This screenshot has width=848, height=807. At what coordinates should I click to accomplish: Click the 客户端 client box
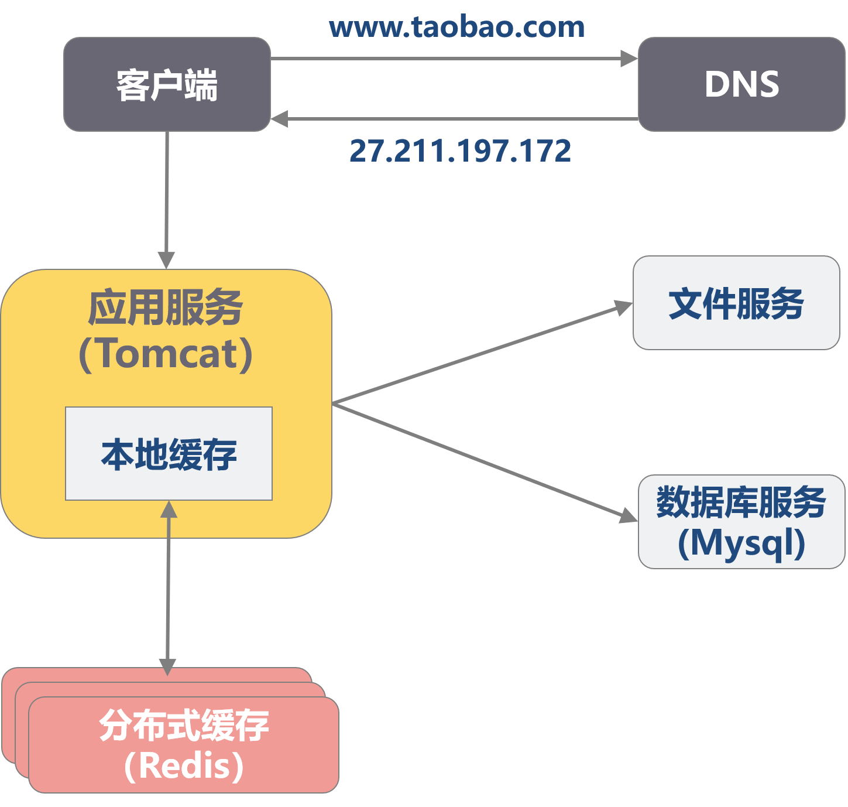(x=167, y=84)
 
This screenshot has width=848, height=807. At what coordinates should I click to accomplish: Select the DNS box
(x=741, y=84)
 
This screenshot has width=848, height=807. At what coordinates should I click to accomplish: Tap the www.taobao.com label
(x=456, y=27)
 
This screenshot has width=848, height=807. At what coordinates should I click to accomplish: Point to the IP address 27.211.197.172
(x=460, y=151)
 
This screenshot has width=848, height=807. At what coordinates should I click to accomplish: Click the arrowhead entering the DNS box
(x=629, y=59)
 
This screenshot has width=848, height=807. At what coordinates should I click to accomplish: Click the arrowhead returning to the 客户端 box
(x=279, y=119)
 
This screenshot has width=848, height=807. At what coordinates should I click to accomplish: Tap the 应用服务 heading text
(x=166, y=308)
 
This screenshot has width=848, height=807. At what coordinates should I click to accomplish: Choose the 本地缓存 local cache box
(x=169, y=453)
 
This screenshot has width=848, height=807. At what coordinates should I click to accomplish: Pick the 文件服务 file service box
(x=736, y=303)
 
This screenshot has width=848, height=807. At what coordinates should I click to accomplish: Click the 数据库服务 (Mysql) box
(x=741, y=521)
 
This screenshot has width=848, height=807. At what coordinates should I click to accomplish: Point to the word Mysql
(x=741, y=543)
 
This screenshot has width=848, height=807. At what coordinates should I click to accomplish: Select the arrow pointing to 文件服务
(x=480, y=354)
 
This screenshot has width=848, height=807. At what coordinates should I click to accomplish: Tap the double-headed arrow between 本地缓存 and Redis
(x=168, y=586)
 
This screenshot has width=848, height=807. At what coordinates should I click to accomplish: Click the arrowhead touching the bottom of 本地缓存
(x=169, y=509)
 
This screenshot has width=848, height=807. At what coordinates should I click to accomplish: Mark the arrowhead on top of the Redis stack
(x=167, y=666)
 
